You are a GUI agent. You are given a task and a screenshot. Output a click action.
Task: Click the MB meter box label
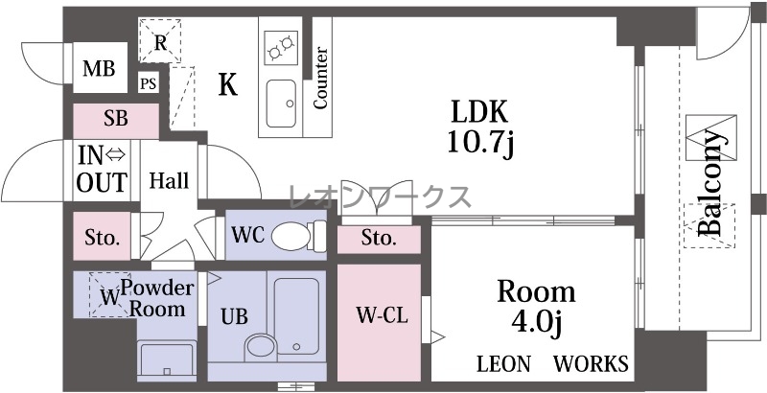point(99,69)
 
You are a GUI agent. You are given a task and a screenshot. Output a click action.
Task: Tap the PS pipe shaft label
point(149,84)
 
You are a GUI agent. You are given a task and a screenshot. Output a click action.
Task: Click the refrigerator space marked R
point(160,41)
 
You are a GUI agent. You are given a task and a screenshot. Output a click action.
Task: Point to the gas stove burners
point(281,47)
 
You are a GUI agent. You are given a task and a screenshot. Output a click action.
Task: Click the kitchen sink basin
point(281,104)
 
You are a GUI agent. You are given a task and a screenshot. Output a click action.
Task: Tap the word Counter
point(320,78)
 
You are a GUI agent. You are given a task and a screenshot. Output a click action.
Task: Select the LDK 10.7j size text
point(479,127)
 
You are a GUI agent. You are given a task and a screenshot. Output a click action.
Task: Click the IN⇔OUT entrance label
point(102,169)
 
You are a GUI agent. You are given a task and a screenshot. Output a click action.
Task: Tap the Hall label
point(169,180)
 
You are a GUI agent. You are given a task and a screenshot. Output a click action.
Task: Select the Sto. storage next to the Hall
point(103,236)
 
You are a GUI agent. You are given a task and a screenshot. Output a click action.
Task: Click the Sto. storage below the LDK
point(379,239)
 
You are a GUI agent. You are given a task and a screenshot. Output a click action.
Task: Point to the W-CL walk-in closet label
point(382,315)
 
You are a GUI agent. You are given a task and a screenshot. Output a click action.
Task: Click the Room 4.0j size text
point(536,309)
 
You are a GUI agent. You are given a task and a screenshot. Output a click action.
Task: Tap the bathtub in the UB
point(296,316)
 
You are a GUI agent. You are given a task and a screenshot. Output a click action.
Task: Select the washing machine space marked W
point(110,295)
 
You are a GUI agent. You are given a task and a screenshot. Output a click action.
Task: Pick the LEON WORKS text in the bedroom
point(553,364)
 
